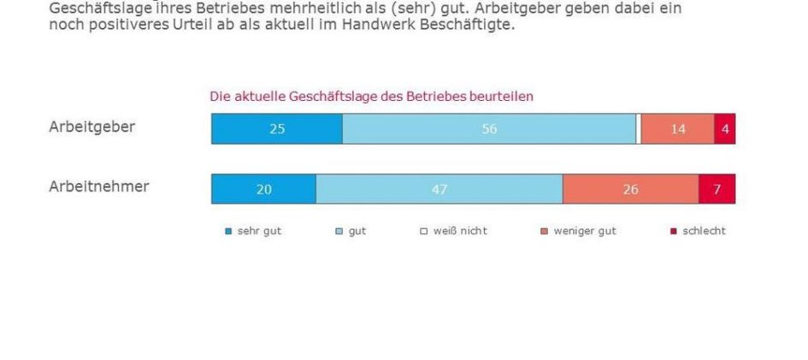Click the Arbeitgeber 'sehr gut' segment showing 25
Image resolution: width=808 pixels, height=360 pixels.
tap(276, 129)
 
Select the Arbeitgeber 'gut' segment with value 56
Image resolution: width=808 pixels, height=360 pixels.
tap(488, 129)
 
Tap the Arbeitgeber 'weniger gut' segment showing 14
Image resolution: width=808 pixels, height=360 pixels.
tap(677, 129)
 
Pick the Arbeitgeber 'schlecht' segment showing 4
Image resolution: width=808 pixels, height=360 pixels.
tap(724, 129)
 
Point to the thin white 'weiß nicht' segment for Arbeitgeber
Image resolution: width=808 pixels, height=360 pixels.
tap(639, 129)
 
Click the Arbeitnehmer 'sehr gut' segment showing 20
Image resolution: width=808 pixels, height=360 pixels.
tap(263, 189)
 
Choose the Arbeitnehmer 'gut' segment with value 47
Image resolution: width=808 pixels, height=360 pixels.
tap(439, 189)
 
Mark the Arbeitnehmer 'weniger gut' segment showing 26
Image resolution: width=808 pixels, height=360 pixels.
tap(630, 189)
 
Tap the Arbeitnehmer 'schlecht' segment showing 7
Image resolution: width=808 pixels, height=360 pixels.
tap(717, 189)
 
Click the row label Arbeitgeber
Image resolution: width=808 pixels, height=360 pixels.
tap(91, 127)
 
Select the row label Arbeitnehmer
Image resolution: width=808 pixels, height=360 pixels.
tap(98, 186)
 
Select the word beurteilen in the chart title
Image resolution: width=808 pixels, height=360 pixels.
tap(504, 97)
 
